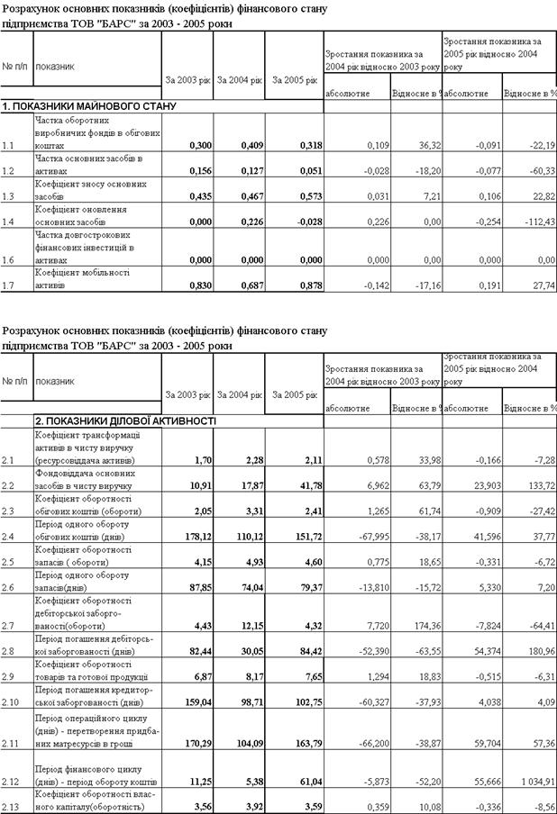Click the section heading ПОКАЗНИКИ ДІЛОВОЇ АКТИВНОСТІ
point(125,421)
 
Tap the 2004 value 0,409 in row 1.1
point(249,145)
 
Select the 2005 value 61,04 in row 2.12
point(306,781)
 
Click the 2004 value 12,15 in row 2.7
point(251,623)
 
